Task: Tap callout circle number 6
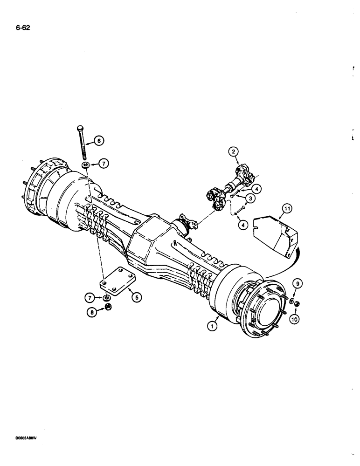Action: [99, 140]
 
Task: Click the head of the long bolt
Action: [80, 128]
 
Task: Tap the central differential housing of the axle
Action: [149, 242]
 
